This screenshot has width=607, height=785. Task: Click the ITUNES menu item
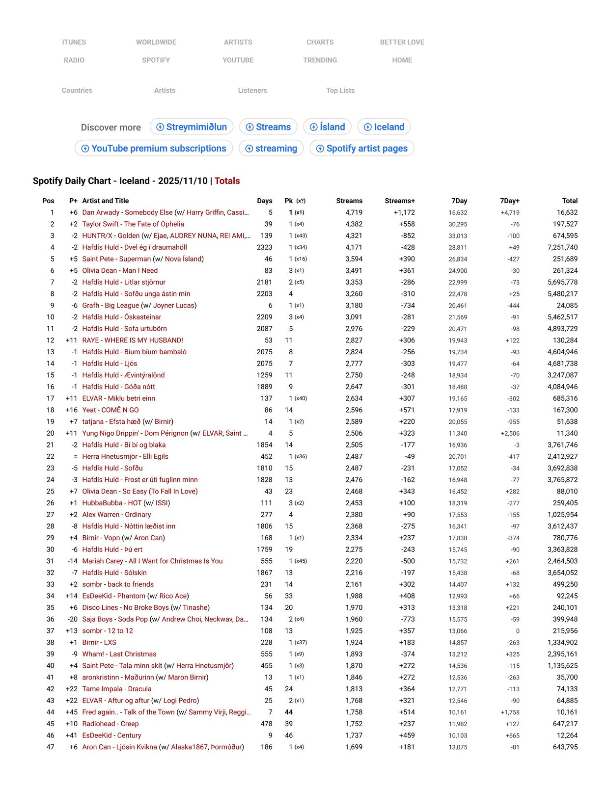74,42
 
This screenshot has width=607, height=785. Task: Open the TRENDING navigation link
320,60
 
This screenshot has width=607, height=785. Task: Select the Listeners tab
252,90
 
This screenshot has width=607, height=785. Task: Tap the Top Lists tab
340,90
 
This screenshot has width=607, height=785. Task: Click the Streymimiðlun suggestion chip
192,127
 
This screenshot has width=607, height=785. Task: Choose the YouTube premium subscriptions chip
154,148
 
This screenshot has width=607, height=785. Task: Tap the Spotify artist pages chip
362,148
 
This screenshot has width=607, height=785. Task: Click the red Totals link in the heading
227,181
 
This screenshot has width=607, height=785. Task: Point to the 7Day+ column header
509,201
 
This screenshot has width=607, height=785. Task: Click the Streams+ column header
399,201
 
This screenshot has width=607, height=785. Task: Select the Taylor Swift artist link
100,224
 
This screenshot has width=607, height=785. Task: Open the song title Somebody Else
148,212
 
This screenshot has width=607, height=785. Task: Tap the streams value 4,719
354,212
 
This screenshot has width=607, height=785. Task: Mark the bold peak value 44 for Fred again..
289,712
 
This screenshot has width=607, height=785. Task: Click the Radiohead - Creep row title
110,724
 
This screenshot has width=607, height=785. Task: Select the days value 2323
264,247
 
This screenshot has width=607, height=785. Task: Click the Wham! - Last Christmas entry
119,654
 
